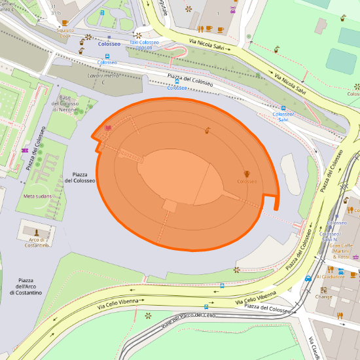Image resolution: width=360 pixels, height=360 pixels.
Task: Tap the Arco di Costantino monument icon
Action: point(37,232)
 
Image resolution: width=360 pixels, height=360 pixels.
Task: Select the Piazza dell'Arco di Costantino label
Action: point(26,286)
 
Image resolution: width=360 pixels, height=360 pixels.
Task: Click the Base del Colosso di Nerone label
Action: point(65,104)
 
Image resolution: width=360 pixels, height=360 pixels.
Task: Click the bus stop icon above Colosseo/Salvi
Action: point(283,108)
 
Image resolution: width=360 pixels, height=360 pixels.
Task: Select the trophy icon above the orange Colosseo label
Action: point(247,173)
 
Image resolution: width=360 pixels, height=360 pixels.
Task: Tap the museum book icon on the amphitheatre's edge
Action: point(107,128)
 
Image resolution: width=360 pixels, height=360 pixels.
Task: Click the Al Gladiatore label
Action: point(330,277)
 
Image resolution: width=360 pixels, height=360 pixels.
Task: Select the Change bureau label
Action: point(323,297)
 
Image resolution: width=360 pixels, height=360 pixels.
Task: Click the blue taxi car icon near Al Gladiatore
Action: point(308,278)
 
